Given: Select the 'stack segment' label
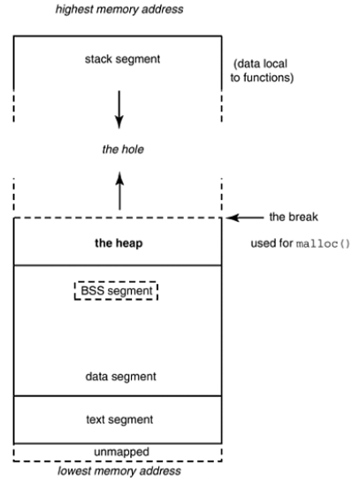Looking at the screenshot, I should coord(118,61).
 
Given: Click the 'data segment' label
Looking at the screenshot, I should coord(118,376).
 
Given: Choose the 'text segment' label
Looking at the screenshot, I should coord(118,418).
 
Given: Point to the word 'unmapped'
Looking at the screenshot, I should coord(118,450).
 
